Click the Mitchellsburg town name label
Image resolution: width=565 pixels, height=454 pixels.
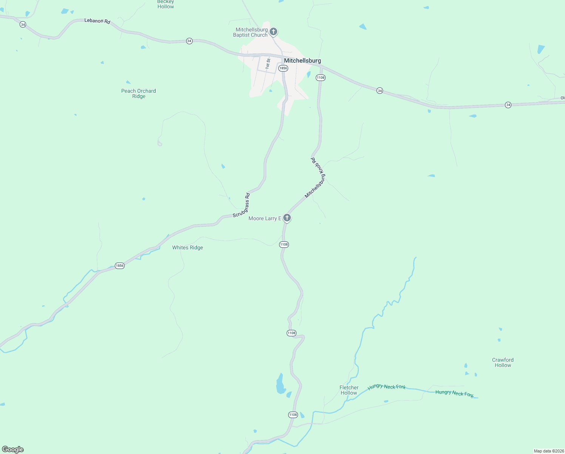click(302, 61)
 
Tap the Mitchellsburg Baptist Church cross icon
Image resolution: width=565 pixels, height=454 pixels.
click(273, 32)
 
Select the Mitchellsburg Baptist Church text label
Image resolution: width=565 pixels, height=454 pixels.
click(250, 32)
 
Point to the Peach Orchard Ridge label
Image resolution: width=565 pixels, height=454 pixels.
click(139, 93)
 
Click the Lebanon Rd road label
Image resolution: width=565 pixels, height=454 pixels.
click(97, 21)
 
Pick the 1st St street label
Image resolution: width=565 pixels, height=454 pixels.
click(268, 63)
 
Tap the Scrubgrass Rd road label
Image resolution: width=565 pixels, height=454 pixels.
click(241, 205)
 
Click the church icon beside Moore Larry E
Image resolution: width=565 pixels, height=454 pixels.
click(287, 218)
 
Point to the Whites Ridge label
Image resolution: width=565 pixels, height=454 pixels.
click(188, 247)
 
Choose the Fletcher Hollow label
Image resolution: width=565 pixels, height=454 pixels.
click(349, 390)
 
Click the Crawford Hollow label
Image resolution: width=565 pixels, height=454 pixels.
click(503, 362)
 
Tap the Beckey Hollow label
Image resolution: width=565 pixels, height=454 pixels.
click(165, 5)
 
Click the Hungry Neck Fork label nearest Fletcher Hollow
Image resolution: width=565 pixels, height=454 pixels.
click(387, 387)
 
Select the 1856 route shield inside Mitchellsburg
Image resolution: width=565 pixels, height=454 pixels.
click(283, 68)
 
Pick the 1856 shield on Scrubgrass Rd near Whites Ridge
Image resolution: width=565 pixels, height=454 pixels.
click(120, 266)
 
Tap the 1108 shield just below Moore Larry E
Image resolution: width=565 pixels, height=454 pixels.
click(284, 244)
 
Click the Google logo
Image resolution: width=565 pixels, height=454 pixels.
click(13, 449)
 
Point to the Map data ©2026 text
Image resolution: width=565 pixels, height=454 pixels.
click(549, 451)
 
